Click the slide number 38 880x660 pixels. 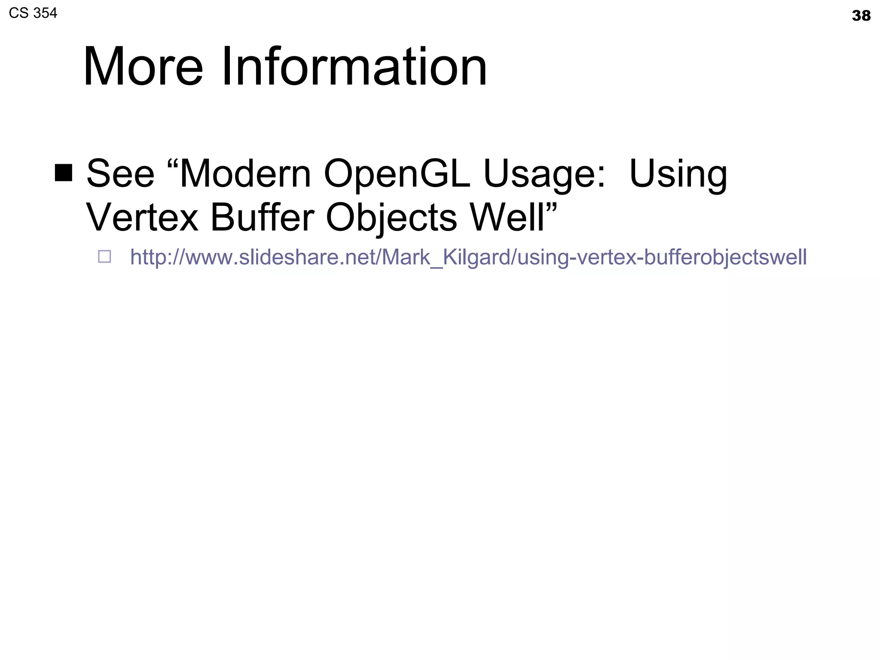point(861,16)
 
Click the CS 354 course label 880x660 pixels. point(33,13)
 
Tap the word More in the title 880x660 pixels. point(143,67)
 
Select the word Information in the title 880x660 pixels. point(354,67)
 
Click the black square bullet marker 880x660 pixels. point(64,173)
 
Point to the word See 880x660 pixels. point(120,174)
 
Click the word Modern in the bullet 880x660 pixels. point(245,174)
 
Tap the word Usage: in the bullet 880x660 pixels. point(544,174)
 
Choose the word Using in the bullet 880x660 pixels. point(678,174)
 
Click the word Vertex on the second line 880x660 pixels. point(142,217)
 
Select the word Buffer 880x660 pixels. point(262,217)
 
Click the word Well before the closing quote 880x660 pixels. point(507,217)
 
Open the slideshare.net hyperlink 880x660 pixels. point(468,257)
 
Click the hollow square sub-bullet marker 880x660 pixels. point(104,257)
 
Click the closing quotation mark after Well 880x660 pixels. point(552,207)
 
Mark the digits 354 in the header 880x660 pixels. point(45,13)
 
